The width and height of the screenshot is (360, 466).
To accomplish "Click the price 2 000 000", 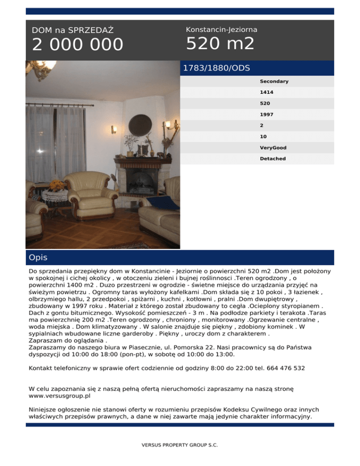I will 78,45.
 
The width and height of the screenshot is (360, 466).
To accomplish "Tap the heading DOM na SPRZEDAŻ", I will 73,30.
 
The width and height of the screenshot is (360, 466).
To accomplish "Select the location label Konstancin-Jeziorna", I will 221,30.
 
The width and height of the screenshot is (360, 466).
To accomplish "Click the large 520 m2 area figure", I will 220,44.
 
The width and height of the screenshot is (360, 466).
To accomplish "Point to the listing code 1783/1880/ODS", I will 216,68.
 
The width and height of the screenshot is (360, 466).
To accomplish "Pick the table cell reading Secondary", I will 274,82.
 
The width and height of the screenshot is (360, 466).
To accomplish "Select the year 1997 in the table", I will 267,114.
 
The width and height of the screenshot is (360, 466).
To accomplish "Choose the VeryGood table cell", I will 273,148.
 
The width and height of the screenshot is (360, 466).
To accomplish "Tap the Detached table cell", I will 272,159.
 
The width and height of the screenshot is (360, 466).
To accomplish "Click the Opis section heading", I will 38,258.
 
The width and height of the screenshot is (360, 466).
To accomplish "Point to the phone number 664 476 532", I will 286,368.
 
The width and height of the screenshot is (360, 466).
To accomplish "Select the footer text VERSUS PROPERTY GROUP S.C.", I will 180,445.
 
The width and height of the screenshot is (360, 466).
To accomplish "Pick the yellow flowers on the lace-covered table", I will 58,185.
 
